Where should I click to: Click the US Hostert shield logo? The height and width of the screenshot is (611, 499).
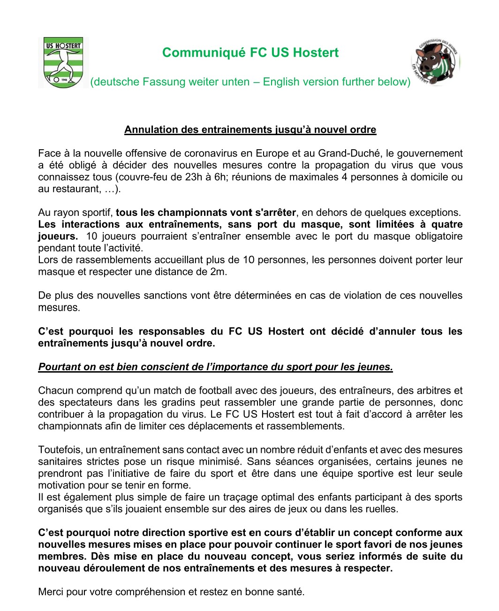(63, 62)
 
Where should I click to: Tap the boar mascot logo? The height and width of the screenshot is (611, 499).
(435, 62)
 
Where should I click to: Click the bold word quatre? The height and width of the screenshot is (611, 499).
(447, 225)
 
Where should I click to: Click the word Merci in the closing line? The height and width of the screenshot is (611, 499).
(51, 592)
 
